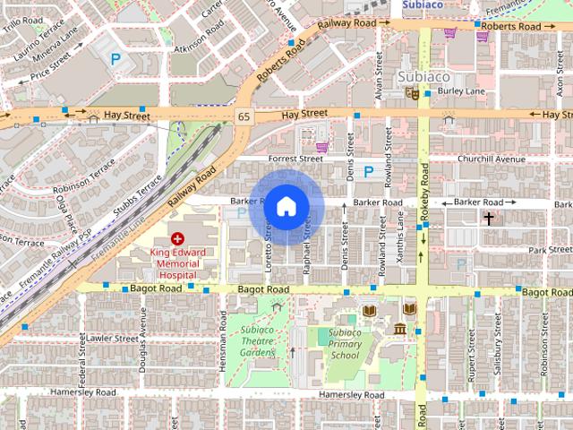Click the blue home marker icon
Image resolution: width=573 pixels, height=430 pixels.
click(x=286, y=207)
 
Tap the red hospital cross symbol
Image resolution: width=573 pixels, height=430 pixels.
click(x=177, y=239)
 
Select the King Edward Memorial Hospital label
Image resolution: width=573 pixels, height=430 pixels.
click(x=177, y=264)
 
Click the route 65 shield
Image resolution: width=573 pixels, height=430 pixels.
click(x=244, y=117)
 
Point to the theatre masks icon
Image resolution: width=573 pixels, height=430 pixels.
click(x=413, y=91)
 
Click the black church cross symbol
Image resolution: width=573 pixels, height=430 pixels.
click(x=490, y=218)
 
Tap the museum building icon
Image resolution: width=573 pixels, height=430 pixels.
click(x=399, y=330)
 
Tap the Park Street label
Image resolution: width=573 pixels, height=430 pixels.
click(x=550, y=250)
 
